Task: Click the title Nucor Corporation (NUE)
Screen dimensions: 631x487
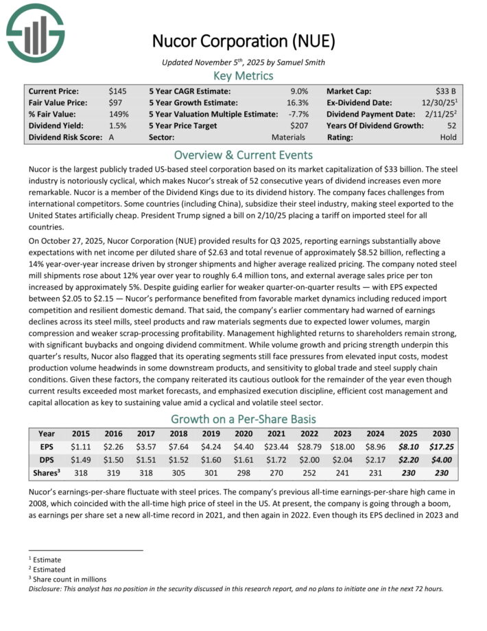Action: (243, 41)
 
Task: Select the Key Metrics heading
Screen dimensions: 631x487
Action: (243, 76)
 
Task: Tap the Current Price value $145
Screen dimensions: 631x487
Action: (117, 91)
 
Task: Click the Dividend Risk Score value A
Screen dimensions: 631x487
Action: (112, 137)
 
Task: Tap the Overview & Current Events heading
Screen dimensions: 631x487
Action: (243, 154)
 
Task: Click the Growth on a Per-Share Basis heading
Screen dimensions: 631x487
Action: (243, 419)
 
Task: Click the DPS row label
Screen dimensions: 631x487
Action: (47, 460)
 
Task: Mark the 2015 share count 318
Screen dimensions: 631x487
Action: (80, 473)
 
